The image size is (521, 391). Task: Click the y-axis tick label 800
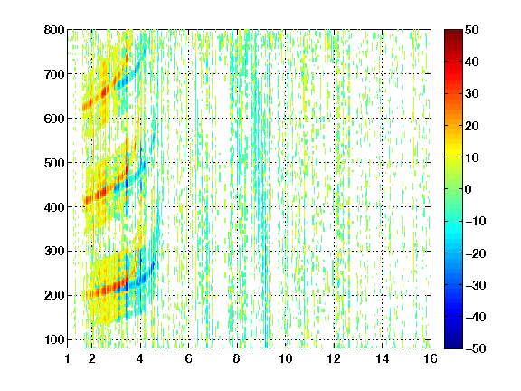(x=54, y=30)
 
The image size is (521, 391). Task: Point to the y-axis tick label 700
(x=54, y=74)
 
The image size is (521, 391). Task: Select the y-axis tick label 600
(x=54, y=119)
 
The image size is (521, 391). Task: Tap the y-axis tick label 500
(x=54, y=163)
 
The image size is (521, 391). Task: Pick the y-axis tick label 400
(x=54, y=207)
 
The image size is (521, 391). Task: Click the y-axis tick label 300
(x=54, y=252)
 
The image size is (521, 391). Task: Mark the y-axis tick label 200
(x=54, y=296)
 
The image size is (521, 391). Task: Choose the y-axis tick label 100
(x=54, y=339)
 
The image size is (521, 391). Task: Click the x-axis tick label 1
(x=68, y=358)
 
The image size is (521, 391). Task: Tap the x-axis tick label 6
(x=188, y=358)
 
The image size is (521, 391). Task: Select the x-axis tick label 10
(x=286, y=358)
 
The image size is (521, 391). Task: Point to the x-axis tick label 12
(x=334, y=358)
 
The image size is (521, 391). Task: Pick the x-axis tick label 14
(x=383, y=358)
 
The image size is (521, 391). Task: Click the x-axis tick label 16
(x=431, y=358)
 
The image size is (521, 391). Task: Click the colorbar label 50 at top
(x=471, y=30)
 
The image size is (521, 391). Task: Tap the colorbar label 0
(x=468, y=189)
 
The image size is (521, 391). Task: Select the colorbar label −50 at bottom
(x=476, y=348)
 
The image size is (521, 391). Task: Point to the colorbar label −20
(x=476, y=253)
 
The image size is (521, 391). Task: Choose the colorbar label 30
(x=471, y=94)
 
